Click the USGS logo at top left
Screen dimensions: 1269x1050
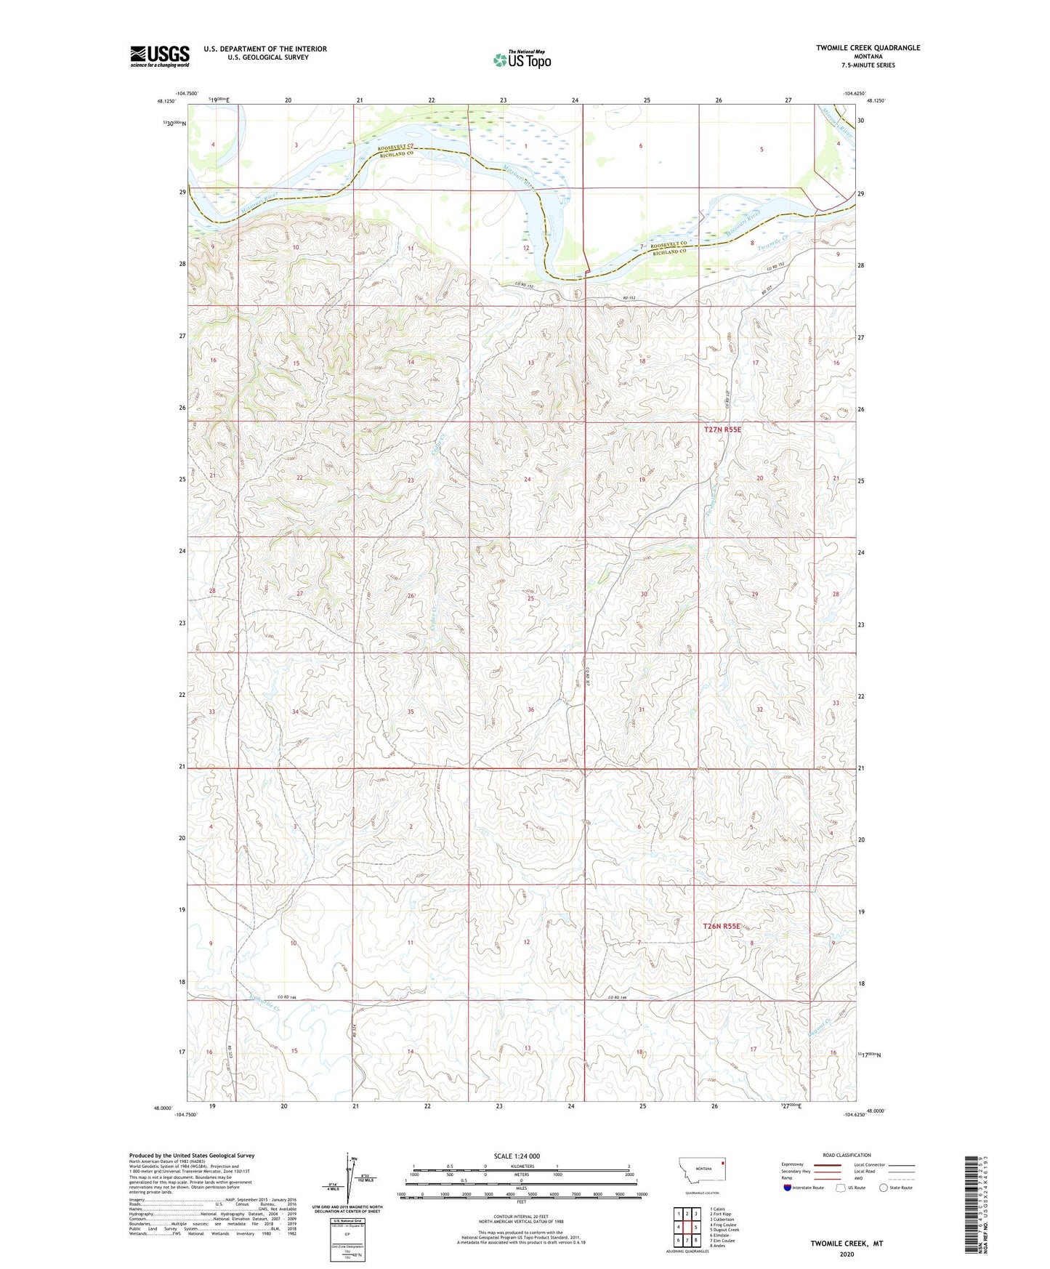[x=159, y=55]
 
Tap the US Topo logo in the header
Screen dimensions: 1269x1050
[x=522, y=60]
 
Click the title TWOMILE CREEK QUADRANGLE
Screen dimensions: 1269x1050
[x=868, y=48]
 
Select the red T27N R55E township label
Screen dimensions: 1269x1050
[x=722, y=430]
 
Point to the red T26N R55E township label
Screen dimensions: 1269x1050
[x=722, y=926]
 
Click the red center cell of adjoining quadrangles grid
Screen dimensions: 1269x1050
[x=687, y=1227]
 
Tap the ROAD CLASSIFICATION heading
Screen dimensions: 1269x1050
[x=847, y=1155]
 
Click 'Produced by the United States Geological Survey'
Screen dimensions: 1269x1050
[x=192, y=1155]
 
